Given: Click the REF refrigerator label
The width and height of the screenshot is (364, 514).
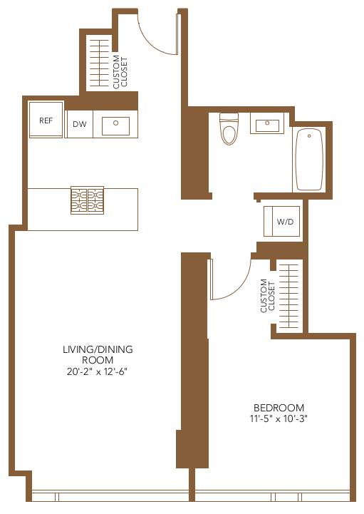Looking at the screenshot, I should pos(46,120).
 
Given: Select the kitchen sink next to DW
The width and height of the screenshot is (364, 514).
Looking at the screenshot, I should pos(115,126).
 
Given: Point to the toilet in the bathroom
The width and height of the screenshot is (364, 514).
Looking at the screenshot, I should pos(228,130).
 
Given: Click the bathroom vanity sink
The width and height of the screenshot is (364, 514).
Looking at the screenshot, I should pos(267,125).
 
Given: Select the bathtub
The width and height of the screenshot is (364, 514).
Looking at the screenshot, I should pos(309,159).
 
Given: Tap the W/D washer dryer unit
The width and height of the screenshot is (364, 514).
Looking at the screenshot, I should pos(285,222).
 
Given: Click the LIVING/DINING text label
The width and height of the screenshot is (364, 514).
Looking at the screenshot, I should pos(97,349).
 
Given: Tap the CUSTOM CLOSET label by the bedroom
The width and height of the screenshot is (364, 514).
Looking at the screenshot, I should pos(267,296).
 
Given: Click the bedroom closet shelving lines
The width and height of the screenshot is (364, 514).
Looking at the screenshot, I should pos(288,296).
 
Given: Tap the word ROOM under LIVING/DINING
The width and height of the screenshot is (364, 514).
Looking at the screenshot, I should pos(97,360).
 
